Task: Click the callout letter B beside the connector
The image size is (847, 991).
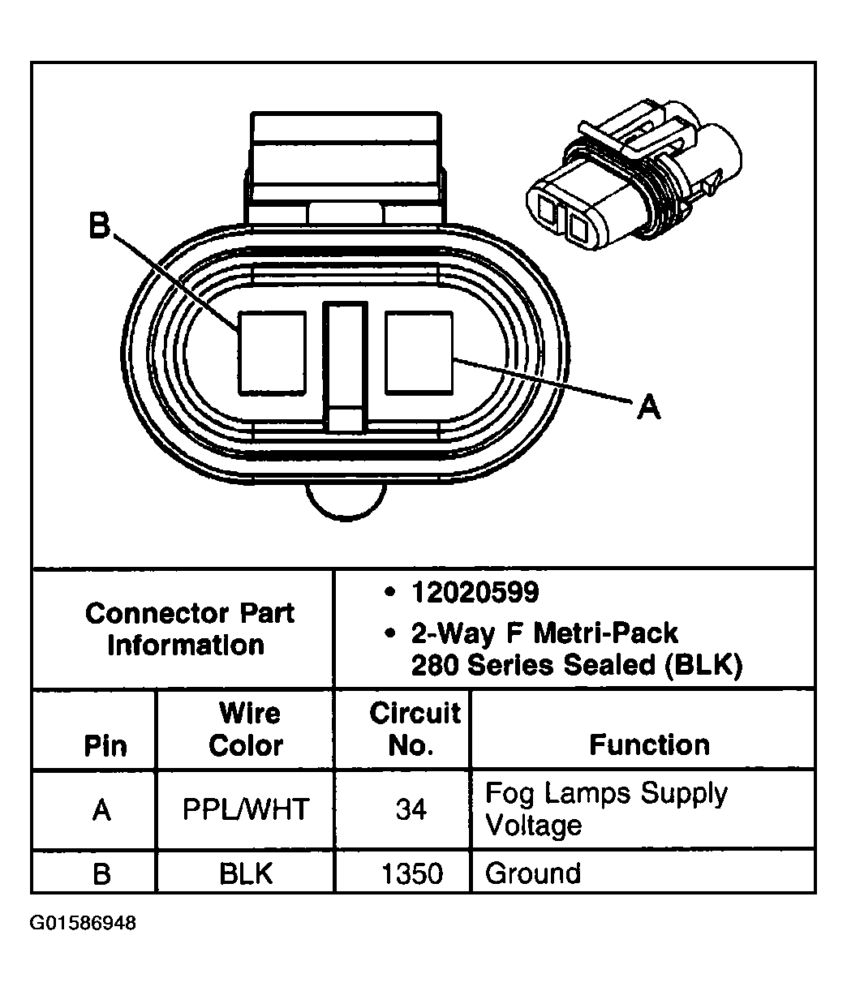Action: pos(99,225)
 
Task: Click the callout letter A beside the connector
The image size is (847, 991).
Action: pos(647,406)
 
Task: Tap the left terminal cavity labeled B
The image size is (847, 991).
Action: pos(272,353)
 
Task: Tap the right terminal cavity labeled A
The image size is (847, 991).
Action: pos(419,353)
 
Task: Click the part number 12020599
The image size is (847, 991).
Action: pos(475,593)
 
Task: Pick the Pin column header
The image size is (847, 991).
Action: pos(105,746)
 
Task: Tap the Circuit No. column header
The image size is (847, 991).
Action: pos(414,729)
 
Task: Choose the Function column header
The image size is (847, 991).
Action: pos(649,744)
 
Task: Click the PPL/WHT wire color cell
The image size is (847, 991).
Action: pos(246,809)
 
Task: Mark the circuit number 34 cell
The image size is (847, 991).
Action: pos(411,809)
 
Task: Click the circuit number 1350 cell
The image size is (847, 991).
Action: pos(413,873)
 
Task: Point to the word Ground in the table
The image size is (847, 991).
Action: pos(533,873)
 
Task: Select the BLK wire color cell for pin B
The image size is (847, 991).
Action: pos(246,873)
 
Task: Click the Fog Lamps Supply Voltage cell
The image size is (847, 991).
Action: pos(606,809)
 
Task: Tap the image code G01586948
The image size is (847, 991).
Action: pos(84,924)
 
